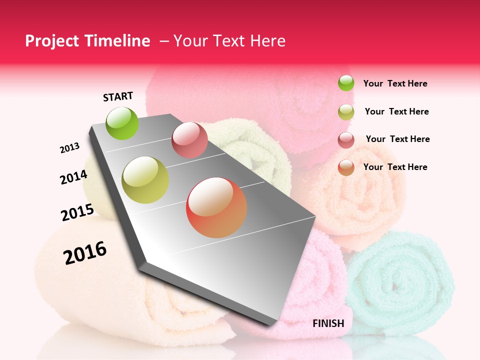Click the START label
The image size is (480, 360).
(x=118, y=96)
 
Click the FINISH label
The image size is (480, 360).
(x=328, y=323)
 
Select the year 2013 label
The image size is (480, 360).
(x=69, y=148)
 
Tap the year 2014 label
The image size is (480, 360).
(x=73, y=177)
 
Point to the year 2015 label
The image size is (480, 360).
(x=77, y=212)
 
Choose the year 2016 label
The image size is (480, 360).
(x=85, y=253)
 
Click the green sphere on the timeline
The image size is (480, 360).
(x=122, y=123)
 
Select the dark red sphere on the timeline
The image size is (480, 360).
(x=189, y=140)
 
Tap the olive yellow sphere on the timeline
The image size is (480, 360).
(x=145, y=180)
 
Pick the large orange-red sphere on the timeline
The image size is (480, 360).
(x=216, y=207)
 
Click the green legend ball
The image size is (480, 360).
(x=346, y=83)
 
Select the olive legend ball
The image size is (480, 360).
(x=346, y=112)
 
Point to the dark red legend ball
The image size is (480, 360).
(x=346, y=140)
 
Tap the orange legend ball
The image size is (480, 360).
(x=346, y=167)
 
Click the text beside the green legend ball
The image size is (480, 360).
(x=395, y=83)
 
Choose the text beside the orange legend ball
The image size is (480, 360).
(x=395, y=167)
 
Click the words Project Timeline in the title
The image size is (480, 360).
(x=87, y=41)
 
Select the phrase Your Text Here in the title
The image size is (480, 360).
(x=229, y=41)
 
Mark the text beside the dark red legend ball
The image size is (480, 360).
(x=397, y=139)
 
